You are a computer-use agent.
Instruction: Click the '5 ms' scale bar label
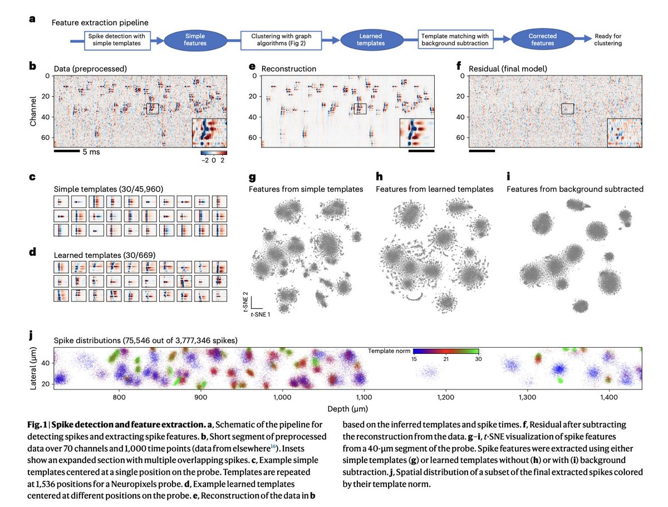pyautogui.click(x=91, y=152)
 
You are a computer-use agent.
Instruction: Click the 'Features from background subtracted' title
pyautogui.click(x=574, y=189)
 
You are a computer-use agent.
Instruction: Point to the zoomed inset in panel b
pyautogui.click(x=209, y=133)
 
